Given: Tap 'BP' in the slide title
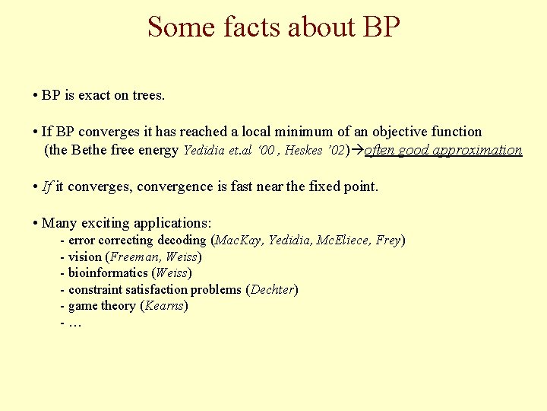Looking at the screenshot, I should (381, 27).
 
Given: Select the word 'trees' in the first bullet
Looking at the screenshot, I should (147, 95).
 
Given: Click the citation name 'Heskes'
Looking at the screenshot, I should (304, 150).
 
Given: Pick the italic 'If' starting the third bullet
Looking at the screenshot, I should (47, 186).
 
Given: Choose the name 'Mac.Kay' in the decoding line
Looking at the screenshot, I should (239, 241).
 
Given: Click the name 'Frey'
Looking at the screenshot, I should (387, 241).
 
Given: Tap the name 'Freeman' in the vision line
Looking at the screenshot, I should (132, 256).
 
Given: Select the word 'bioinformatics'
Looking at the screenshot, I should (108, 272).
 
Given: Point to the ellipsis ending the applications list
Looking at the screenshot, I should (74, 323).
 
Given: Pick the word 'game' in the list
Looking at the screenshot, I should (83, 306).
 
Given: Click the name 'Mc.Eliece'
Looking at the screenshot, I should (342, 241).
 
